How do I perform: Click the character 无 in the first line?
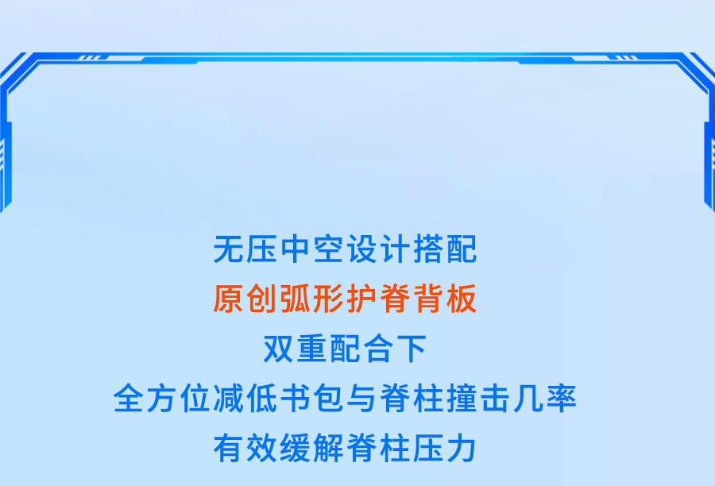(x=228, y=249)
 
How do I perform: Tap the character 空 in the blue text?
(x=328, y=249)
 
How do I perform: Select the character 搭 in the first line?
(x=429, y=249)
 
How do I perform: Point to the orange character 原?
(x=228, y=299)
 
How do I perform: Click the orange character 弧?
(x=295, y=299)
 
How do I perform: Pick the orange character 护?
(x=361, y=299)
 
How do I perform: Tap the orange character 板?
(x=462, y=299)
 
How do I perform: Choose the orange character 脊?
(x=395, y=299)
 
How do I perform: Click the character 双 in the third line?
(x=278, y=349)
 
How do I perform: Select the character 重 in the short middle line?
(x=311, y=349)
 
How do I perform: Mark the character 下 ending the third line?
(x=412, y=349)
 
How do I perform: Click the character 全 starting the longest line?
(x=128, y=399)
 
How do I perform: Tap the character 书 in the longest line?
(x=295, y=399)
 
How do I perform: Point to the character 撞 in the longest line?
(x=462, y=399)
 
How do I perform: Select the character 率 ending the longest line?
(x=562, y=399)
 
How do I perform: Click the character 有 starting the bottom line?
(x=228, y=448)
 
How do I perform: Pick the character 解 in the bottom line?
(x=328, y=448)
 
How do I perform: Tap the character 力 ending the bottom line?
(x=462, y=448)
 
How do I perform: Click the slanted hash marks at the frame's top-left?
(x=89, y=57)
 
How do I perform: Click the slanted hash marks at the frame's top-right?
(x=626, y=57)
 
